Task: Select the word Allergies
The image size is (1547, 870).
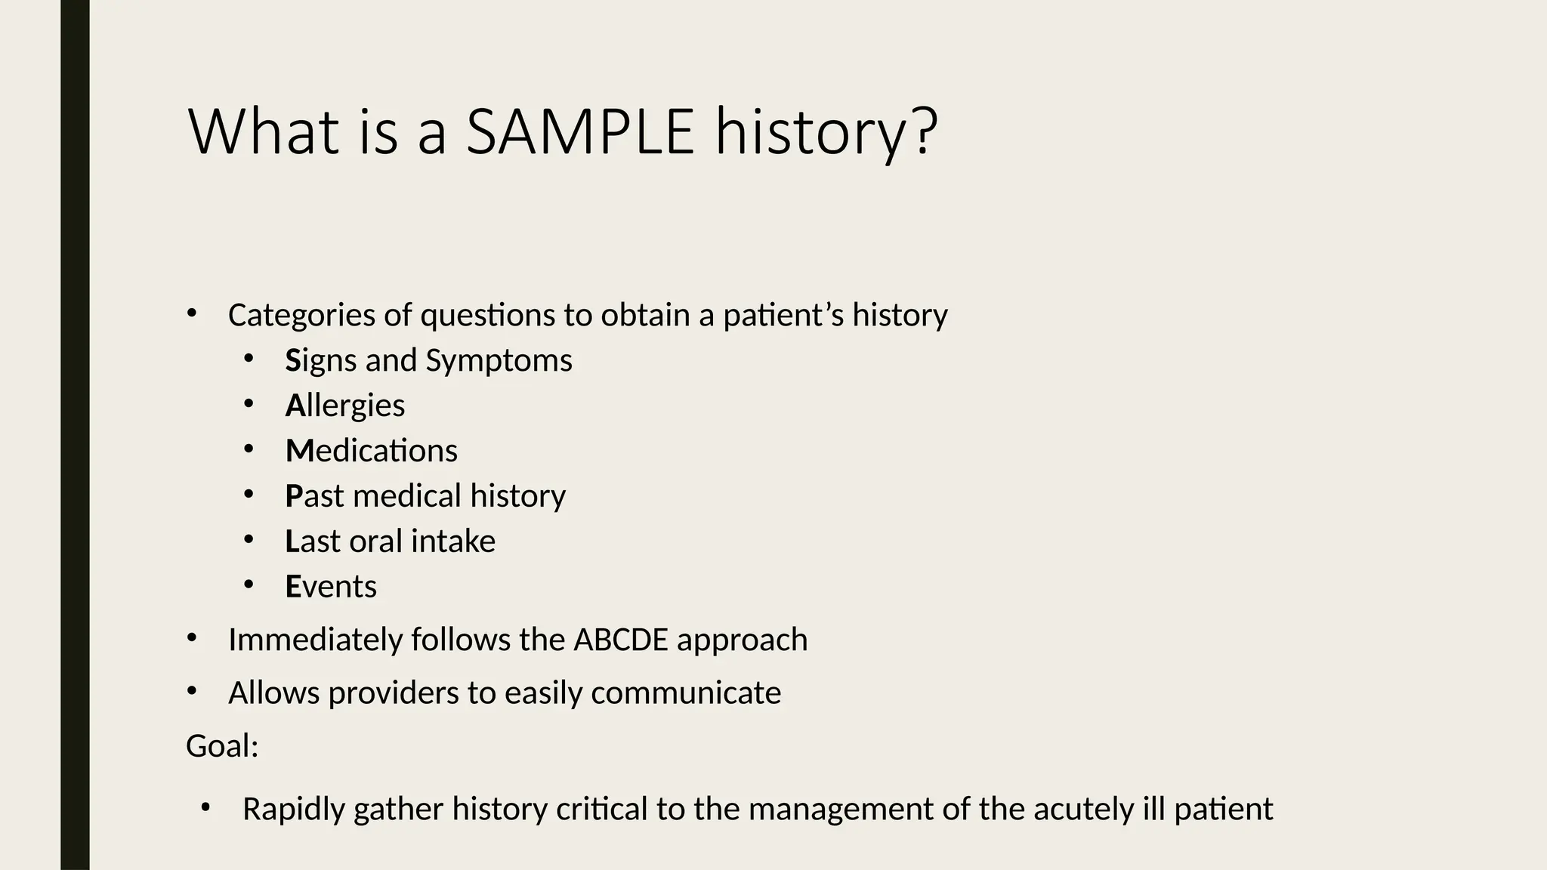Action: tap(345, 406)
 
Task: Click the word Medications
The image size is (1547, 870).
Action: tap(371, 451)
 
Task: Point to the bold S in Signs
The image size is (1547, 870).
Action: tap(293, 360)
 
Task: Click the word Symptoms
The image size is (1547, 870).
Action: tap(499, 360)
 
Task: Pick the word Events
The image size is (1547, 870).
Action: tap(331, 587)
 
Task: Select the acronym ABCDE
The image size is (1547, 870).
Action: tap(621, 640)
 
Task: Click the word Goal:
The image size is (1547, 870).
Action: tap(222, 746)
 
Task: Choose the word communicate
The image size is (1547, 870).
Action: tap(686, 693)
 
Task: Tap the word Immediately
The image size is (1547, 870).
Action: tap(315, 640)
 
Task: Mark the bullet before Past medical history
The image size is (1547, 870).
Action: tap(249, 495)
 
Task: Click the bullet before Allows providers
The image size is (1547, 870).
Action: tap(192, 691)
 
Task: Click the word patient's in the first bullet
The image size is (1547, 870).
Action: tap(783, 315)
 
